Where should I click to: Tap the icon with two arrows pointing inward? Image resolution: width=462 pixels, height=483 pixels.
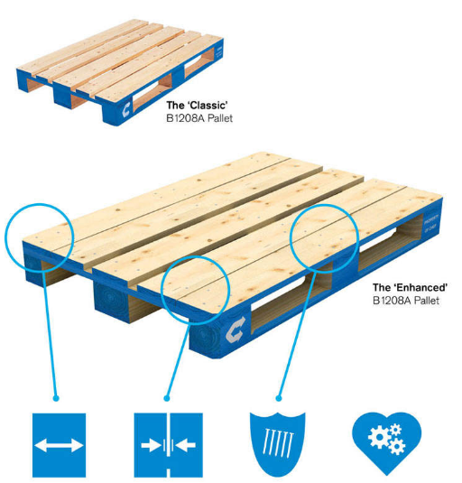165,444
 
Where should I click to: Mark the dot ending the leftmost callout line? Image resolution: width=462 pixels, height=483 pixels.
58,397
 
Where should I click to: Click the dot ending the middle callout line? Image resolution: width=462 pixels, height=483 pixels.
166,397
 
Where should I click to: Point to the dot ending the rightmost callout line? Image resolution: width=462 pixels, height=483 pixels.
280,397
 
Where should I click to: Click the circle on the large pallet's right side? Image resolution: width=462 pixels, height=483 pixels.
324,237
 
